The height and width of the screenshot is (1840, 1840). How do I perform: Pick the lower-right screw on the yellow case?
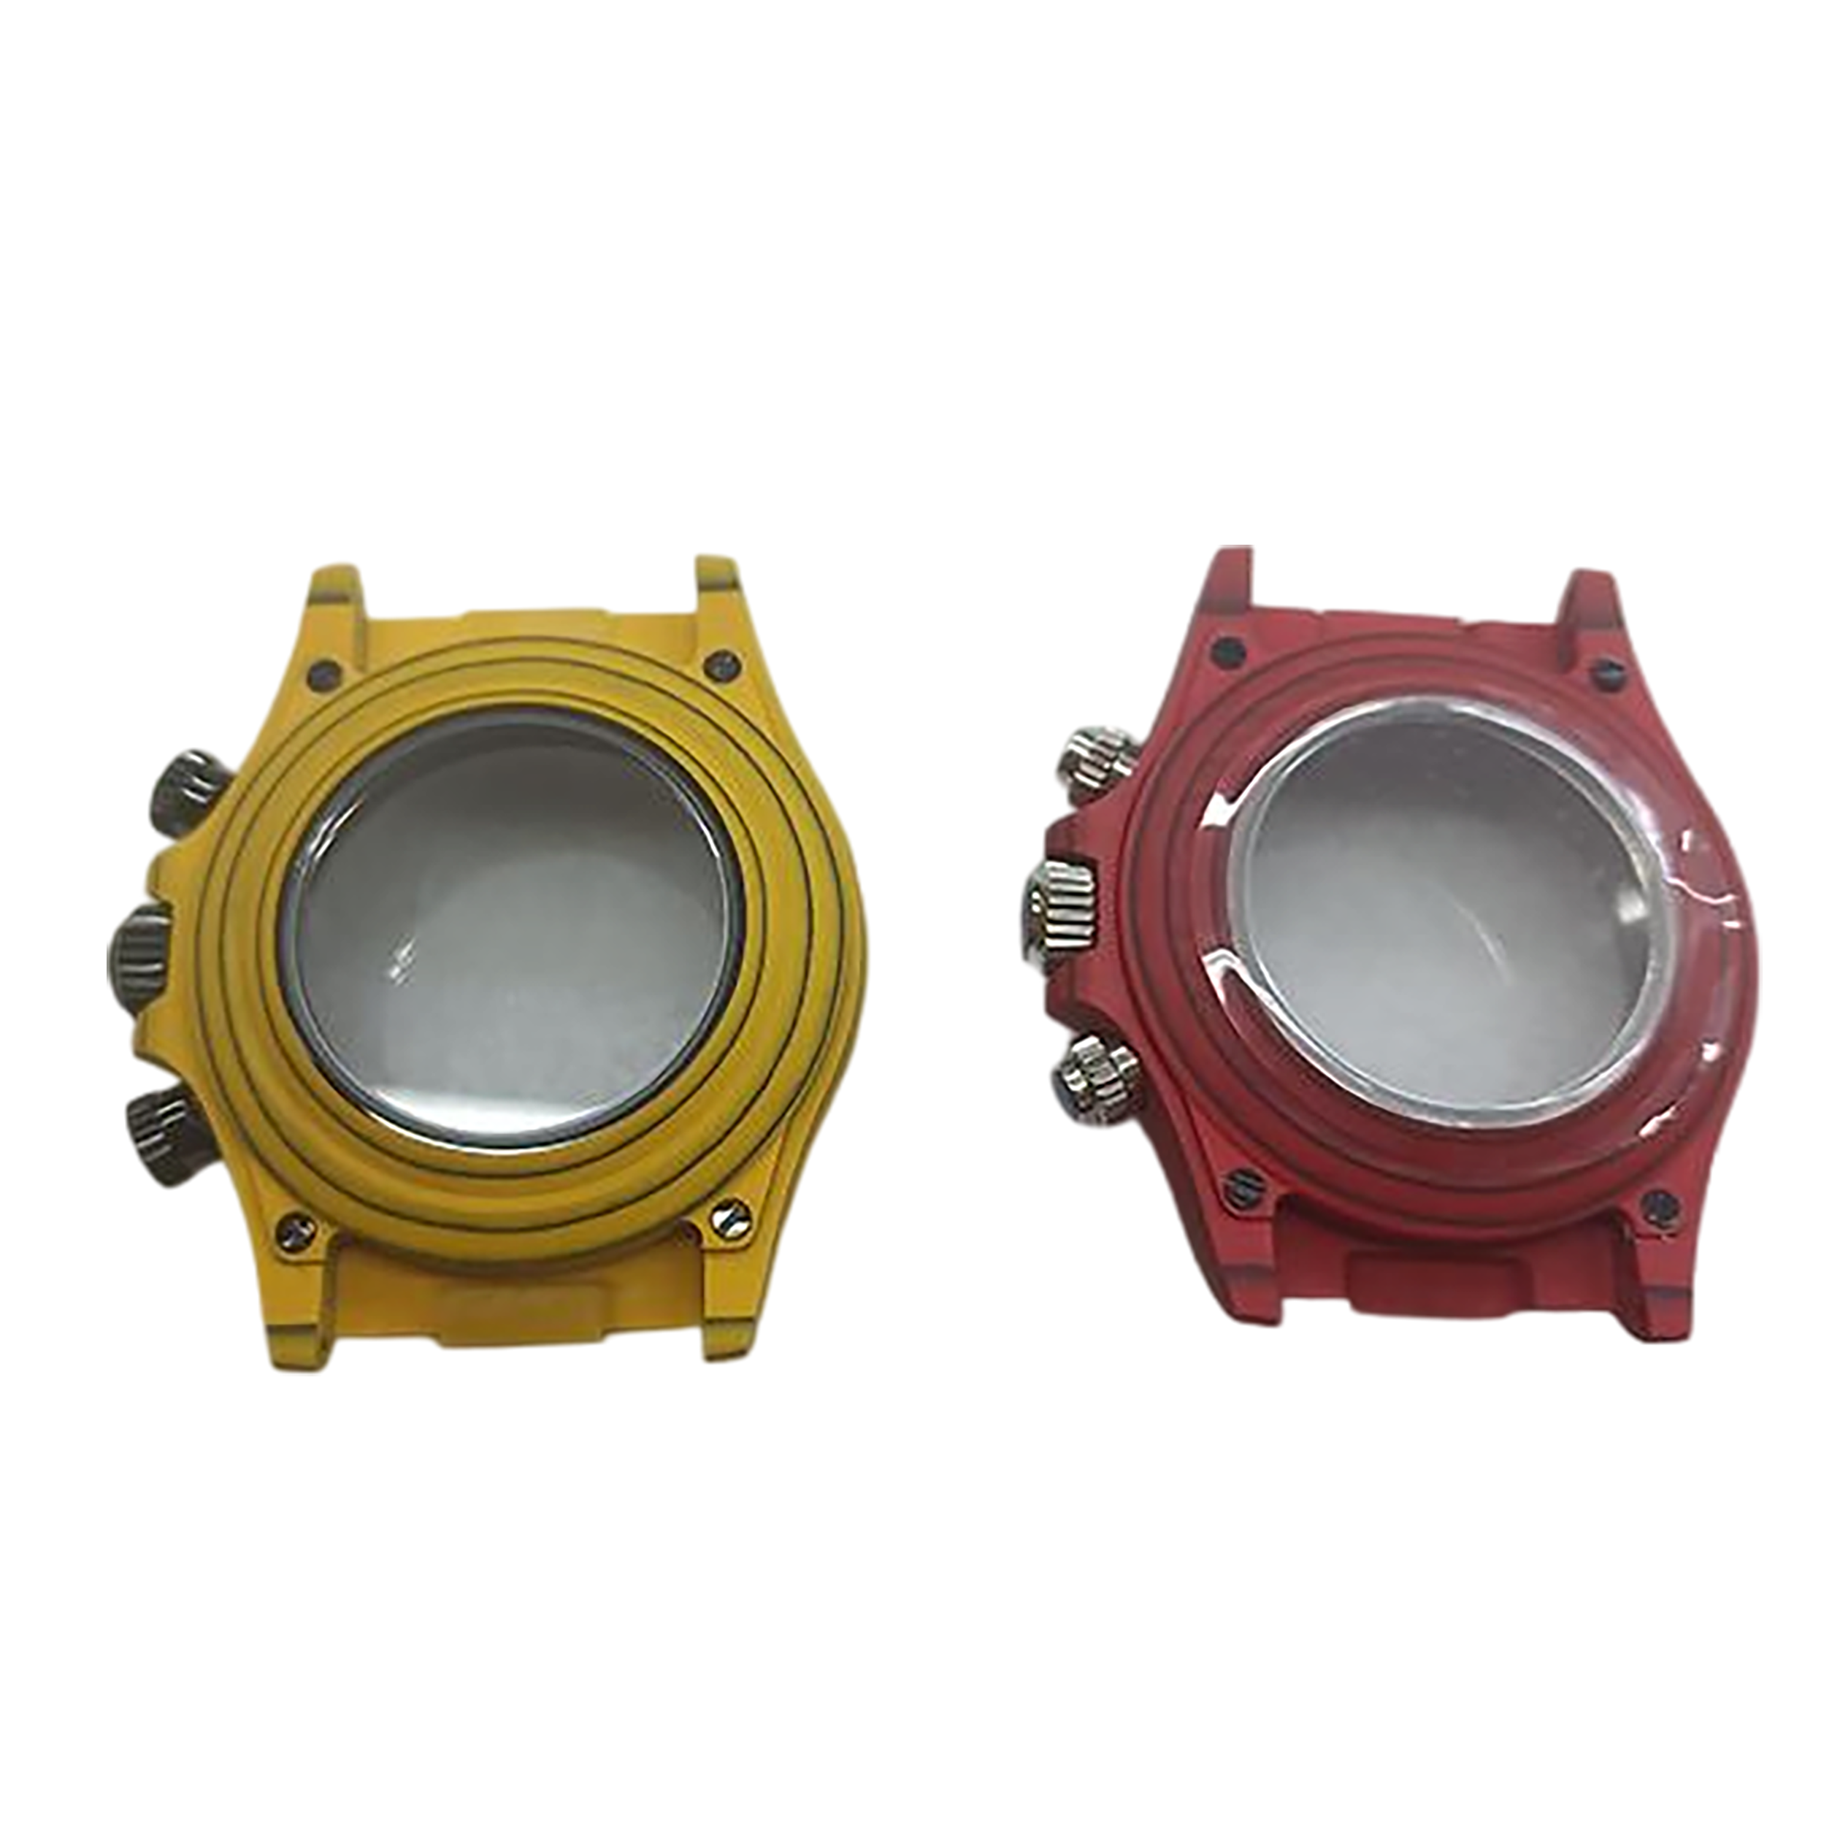pyautogui.click(x=732, y=1217)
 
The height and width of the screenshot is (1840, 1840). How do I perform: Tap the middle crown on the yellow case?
pyautogui.click(x=143, y=954)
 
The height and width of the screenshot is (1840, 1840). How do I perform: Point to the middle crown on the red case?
pyautogui.click(x=1064, y=911)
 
